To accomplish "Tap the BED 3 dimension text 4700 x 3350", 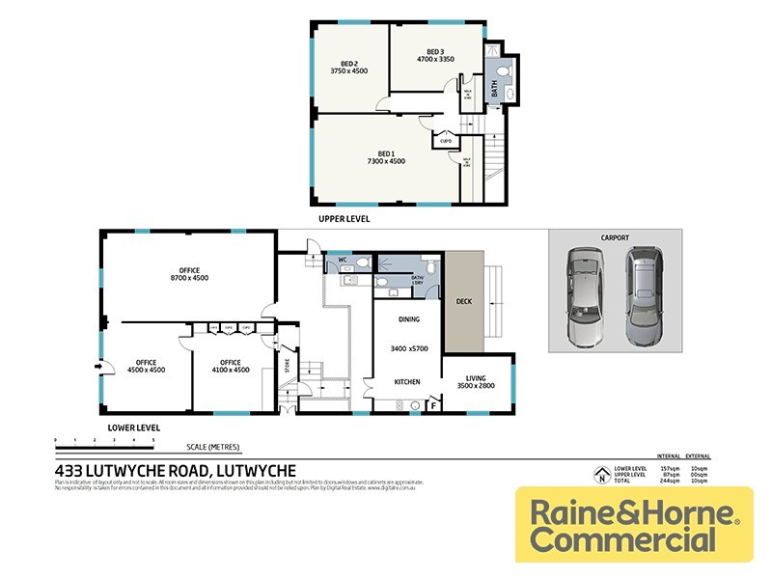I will (x=435, y=59).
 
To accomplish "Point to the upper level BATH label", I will (x=494, y=92).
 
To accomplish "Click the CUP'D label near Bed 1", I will (x=446, y=141).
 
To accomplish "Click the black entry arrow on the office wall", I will (x=98, y=366).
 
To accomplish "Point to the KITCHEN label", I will (x=407, y=382).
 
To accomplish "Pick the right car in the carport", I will (x=644, y=296).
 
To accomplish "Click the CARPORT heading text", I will (x=615, y=237).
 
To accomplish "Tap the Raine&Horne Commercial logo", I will (x=634, y=524).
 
